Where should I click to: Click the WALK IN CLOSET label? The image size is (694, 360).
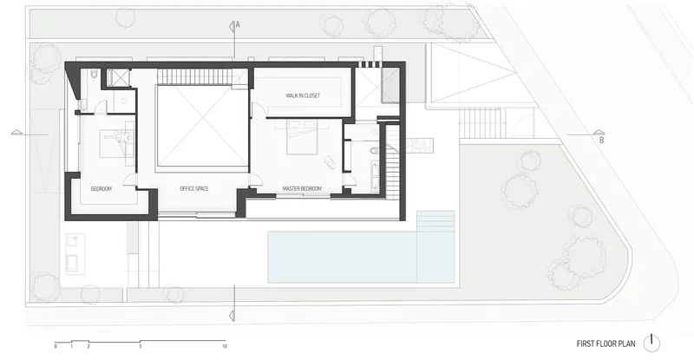[303, 95]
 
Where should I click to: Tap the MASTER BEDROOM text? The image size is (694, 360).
[302, 189]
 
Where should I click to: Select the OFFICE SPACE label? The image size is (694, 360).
[193, 188]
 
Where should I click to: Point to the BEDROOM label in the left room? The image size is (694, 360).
[101, 189]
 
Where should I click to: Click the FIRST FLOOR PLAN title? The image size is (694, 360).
[606, 344]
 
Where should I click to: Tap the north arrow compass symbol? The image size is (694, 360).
[651, 343]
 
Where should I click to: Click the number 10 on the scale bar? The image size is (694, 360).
[225, 346]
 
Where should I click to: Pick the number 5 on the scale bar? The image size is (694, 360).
[141, 346]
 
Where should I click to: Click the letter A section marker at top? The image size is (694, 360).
[238, 25]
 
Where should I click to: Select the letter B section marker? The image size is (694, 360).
[601, 141]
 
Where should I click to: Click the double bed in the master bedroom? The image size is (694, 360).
[302, 137]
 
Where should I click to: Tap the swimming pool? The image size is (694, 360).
[361, 257]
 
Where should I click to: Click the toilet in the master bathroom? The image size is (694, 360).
[374, 151]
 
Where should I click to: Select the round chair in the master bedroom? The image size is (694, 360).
[331, 161]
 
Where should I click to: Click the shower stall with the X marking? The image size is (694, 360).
[118, 77]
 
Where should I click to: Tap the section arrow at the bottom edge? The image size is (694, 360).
[232, 315]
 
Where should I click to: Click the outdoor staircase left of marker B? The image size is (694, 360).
[482, 122]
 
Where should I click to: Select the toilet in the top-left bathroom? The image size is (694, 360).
[94, 74]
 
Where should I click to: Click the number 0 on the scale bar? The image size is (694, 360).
[56, 346]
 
